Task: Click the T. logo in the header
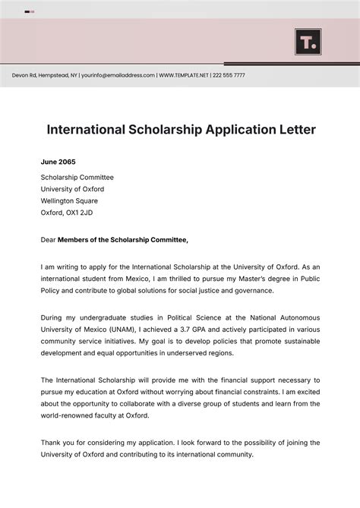coord(308,42)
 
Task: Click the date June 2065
coord(58,162)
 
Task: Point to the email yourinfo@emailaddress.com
coord(118,75)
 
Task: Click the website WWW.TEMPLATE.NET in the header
coord(185,75)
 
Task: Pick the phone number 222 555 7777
coord(229,75)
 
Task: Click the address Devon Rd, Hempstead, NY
coord(44,75)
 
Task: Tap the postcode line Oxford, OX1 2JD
coord(67,213)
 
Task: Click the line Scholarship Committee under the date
coord(76,177)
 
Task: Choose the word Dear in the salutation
coord(48,240)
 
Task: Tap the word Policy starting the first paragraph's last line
coord(51,290)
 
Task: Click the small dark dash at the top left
coord(27,11)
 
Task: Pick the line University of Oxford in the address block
coord(72,189)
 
